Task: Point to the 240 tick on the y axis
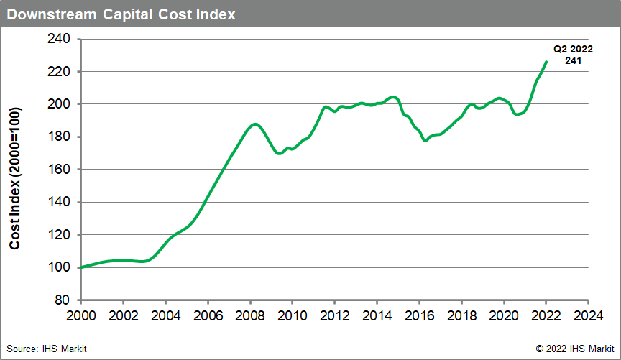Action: coord(60,39)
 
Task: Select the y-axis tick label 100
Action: coord(60,267)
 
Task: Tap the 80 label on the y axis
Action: coord(63,300)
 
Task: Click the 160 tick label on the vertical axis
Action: coord(60,170)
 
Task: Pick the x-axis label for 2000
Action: coord(81,315)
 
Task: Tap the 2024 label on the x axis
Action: coord(588,315)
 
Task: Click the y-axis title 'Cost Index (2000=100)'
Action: coord(15,170)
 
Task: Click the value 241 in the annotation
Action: coord(572,61)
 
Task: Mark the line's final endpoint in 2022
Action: coord(546,62)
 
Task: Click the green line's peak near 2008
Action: coord(253,124)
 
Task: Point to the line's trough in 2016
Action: coord(425,140)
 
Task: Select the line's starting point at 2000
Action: coord(81,267)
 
